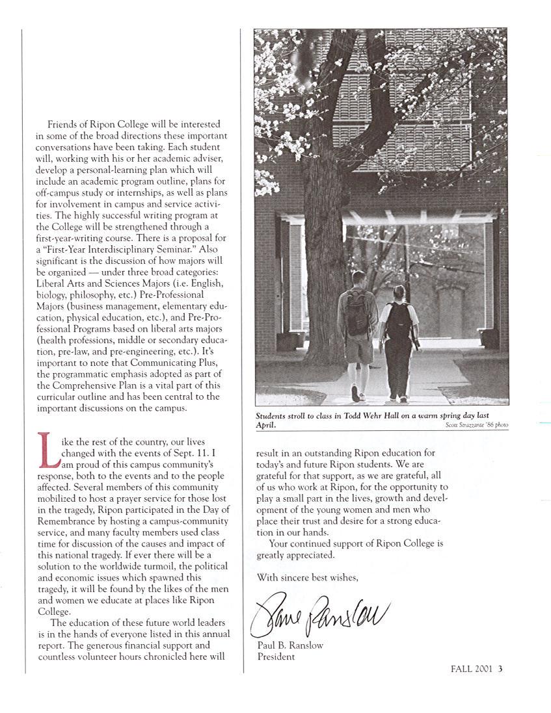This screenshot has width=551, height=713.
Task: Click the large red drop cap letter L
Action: (47, 450)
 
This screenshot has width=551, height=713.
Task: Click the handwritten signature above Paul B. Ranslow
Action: (319, 613)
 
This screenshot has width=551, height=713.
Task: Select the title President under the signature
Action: (276, 656)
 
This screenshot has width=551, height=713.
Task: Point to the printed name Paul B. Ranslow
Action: (290, 645)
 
